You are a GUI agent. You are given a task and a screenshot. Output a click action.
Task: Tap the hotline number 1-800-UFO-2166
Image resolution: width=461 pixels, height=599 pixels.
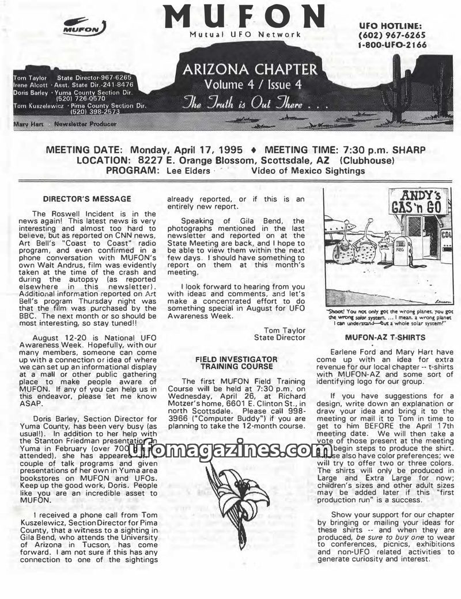pyautogui.click(x=392, y=45)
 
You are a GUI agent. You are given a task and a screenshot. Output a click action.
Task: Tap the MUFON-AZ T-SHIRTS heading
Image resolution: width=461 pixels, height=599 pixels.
pyautogui.click(x=385, y=337)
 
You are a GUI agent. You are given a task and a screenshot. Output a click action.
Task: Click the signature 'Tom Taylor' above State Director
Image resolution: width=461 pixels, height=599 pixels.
pyautogui.click(x=284, y=330)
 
